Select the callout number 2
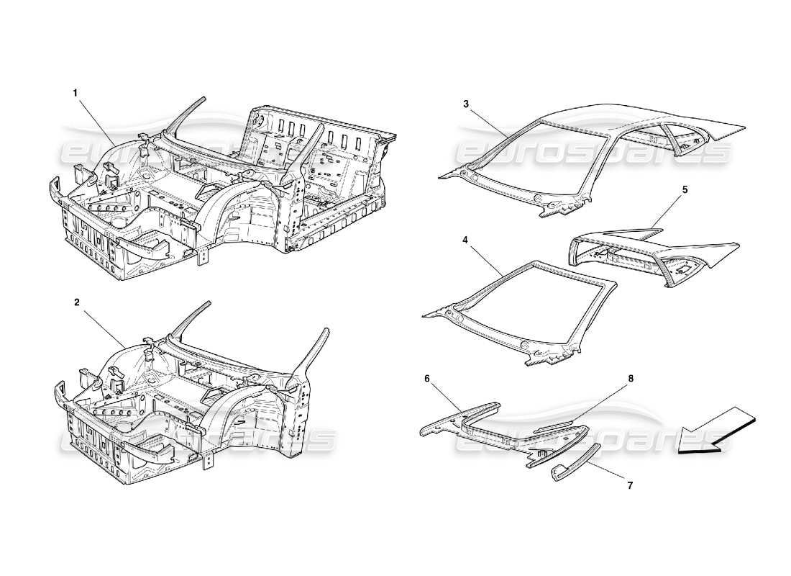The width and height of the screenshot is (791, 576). [x=77, y=303]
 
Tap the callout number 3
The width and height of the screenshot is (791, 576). [x=466, y=104]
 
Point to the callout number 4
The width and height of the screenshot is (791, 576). [x=466, y=234]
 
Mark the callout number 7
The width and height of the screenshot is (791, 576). [x=630, y=485]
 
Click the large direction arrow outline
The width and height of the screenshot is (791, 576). [x=715, y=431]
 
